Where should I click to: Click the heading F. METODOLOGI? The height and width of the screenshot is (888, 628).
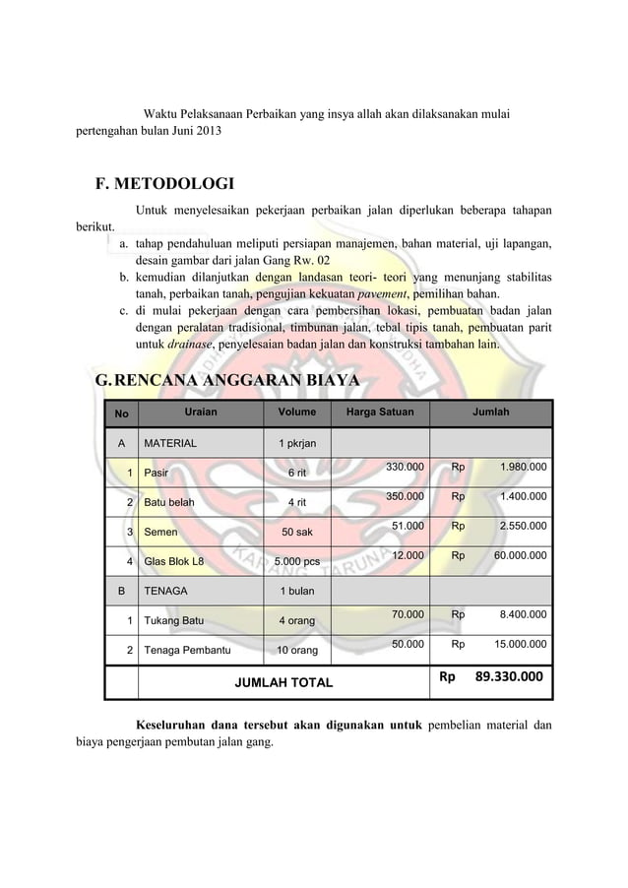pyautogui.click(x=163, y=183)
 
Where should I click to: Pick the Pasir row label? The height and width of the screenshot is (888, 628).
pyautogui.click(x=156, y=473)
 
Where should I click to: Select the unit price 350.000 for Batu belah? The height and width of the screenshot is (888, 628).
pyautogui.click(x=405, y=496)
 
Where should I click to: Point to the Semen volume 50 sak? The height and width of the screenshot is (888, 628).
pyautogui.click(x=296, y=533)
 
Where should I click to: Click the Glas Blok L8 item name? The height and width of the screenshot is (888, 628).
pyautogui.click(x=174, y=562)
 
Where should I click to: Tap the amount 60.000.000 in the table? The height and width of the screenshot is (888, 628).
pyautogui.click(x=521, y=556)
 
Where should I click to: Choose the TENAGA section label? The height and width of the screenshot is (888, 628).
pyautogui.click(x=167, y=592)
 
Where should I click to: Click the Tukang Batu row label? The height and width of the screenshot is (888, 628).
pyautogui.click(x=175, y=621)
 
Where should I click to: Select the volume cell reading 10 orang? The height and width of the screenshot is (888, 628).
pyautogui.click(x=296, y=651)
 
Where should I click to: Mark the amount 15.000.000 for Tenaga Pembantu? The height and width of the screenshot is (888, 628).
pyautogui.click(x=521, y=645)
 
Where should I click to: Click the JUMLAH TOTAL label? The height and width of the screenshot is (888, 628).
pyautogui.click(x=282, y=681)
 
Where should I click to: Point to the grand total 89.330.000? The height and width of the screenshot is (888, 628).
pyautogui.click(x=508, y=677)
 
